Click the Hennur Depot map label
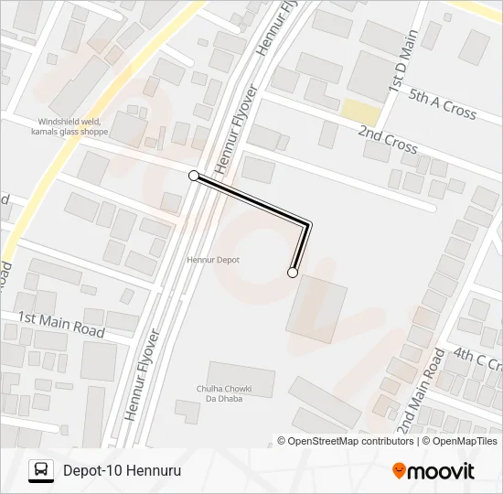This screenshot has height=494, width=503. coord(213,260)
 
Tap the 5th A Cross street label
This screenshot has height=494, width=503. coord(443,103)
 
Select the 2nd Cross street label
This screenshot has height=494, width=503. coord(388,140)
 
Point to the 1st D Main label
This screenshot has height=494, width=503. coord(402,61)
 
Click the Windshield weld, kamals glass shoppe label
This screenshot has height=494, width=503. coord(74,126)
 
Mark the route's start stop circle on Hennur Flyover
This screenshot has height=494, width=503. coord(193,175)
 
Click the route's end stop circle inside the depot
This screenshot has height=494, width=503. coord(293,272)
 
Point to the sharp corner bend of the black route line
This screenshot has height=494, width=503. coord(309,223)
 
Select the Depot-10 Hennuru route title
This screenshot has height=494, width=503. coord(122,471)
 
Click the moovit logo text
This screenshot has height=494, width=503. coord(441,471)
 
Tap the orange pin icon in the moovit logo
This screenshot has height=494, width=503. coord(399,470)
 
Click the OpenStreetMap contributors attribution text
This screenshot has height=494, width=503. coord(348,441)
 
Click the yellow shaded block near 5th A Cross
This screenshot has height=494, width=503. coord(360,112)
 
